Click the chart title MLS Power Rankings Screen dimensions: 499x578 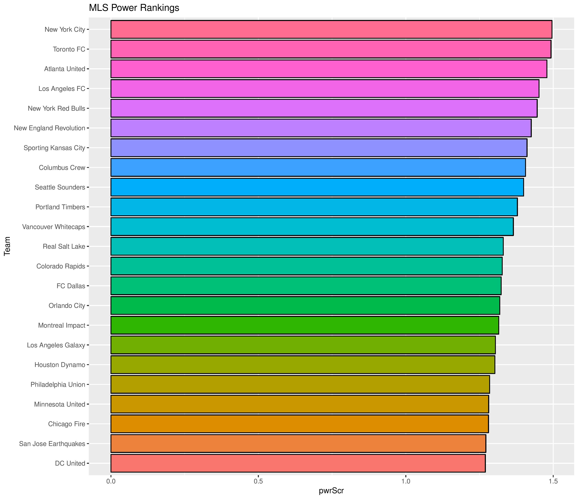[134, 8]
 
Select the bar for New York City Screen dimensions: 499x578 [331, 29]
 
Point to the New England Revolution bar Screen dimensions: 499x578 [321, 128]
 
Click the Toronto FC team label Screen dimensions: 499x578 [69, 49]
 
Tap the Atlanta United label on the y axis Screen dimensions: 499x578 [64, 69]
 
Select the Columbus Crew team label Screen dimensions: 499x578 [62, 168]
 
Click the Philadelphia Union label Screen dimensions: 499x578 [58, 385]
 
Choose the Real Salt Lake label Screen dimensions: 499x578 [64, 247]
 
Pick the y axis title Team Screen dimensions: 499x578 [7, 246]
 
